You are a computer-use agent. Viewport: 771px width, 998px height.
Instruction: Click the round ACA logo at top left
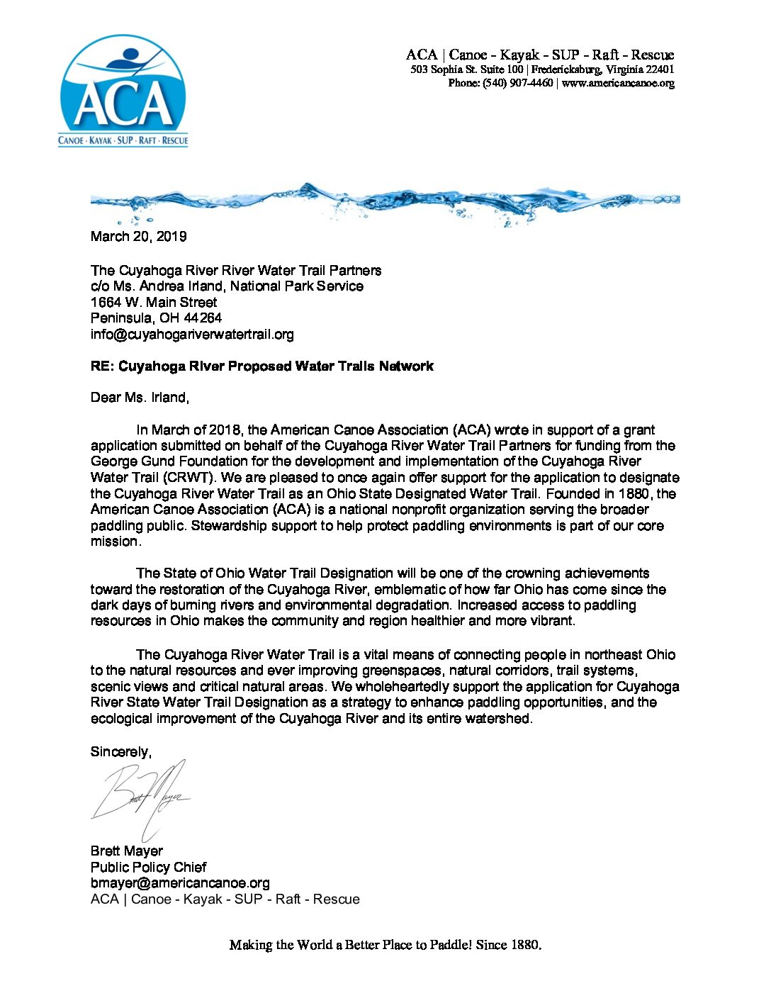point(123,91)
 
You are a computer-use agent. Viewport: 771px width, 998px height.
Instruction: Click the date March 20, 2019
point(138,237)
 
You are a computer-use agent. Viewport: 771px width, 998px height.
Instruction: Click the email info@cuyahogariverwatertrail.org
point(192,334)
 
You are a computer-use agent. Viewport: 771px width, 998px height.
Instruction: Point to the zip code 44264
point(202,318)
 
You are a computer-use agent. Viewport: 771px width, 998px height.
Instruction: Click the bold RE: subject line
point(261,366)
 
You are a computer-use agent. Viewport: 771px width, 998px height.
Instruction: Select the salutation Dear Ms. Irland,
point(140,398)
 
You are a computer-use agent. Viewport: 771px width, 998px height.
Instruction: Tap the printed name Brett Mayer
point(126,851)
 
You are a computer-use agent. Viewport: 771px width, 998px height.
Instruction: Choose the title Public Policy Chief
point(148,868)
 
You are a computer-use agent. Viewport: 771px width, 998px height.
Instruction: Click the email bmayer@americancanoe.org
point(180,883)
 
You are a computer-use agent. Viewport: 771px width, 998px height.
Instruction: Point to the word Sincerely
point(120,752)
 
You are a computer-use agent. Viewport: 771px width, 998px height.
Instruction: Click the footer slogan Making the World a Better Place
point(385,945)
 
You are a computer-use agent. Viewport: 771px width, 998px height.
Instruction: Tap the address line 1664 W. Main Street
point(154,302)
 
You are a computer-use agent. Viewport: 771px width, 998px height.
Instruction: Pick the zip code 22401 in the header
point(660,69)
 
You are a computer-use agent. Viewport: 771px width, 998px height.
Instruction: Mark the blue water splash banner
point(385,201)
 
